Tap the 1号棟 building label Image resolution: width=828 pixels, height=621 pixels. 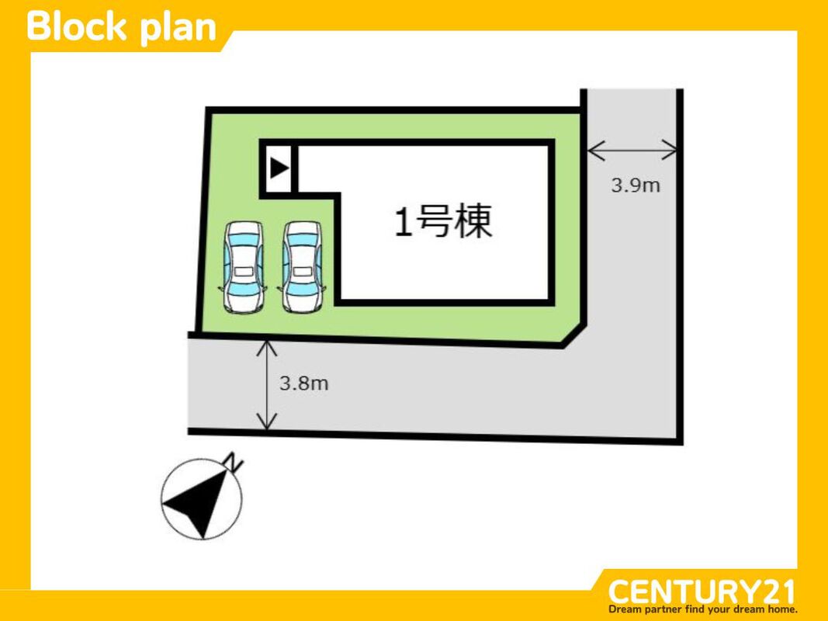(x=443, y=223)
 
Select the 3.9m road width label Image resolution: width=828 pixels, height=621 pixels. (x=635, y=186)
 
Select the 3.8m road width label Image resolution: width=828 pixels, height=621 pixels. (x=303, y=383)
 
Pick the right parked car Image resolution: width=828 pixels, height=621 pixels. (x=302, y=266)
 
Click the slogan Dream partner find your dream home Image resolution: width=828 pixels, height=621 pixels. (x=702, y=609)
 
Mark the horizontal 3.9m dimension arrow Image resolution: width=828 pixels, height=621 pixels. (x=632, y=149)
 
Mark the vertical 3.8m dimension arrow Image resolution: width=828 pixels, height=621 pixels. (x=267, y=385)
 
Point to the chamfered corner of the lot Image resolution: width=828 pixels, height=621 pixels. (x=573, y=335)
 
